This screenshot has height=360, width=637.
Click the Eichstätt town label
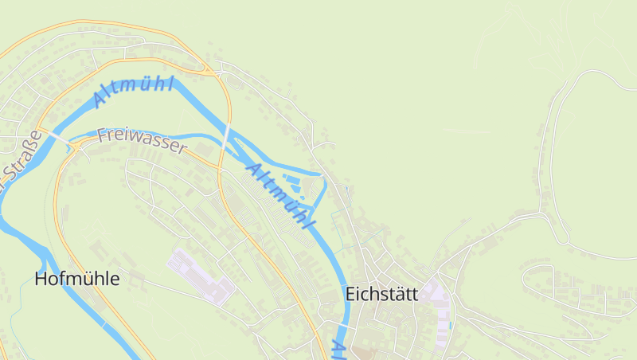tap(381, 294)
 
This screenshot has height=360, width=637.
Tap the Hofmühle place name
tap(77, 279)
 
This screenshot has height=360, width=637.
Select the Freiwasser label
tap(142, 141)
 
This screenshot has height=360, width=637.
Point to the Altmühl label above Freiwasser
tap(133, 90)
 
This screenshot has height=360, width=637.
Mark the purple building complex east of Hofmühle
tap(199, 276)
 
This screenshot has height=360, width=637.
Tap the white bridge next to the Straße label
tap(60, 139)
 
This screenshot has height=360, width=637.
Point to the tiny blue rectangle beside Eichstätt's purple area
tap(451, 325)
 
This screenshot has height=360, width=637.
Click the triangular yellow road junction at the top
tap(209, 70)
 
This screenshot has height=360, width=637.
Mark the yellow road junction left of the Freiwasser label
tap(76, 147)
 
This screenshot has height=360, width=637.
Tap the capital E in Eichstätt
tap(350, 294)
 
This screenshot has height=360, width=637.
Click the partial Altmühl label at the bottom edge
tap(338, 349)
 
